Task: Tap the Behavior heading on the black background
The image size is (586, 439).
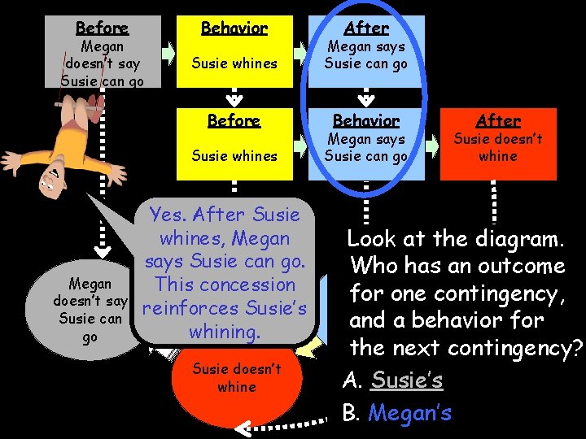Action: [x=234, y=28]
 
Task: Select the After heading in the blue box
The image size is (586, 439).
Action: [x=365, y=28]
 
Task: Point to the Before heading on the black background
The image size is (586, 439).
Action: [x=234, y=120]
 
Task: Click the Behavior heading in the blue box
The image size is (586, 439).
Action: [x=365, y=120]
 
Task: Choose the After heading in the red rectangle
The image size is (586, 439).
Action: [x=498, y=120]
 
